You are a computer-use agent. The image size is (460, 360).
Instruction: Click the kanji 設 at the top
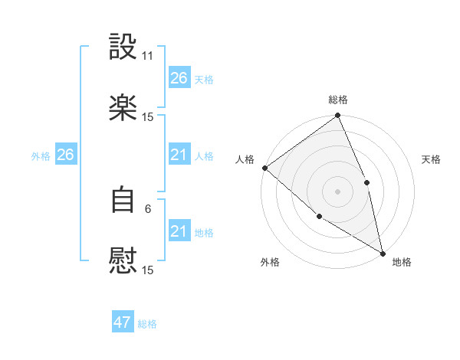click(x=123, y=47)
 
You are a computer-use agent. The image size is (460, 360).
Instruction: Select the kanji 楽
click(x=123, y=108)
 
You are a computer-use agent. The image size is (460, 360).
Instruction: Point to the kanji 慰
click(x=123, y=261)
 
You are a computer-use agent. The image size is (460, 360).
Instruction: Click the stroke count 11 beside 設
click(x=148, y=56)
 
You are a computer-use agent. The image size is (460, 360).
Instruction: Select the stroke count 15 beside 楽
click(x=148, y=117)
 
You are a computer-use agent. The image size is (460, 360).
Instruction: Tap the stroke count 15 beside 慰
click(x=148, y=270)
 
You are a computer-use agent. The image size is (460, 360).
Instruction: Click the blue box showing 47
click(x=123, y=322)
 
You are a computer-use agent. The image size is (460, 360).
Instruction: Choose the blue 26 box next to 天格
click(x=179, y=78)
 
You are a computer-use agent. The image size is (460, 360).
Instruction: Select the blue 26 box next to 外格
click(x=65, y=155)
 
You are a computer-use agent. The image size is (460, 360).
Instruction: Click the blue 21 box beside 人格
click(x=179, y=155)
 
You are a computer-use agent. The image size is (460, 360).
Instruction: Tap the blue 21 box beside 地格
click(x=179, y=231)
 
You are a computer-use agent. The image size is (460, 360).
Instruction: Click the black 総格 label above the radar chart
click(x=338, y=100)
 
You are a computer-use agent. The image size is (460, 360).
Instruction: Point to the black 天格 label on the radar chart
click(x=432, y=159)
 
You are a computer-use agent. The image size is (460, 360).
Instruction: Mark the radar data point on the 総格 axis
click(x=338, y=116)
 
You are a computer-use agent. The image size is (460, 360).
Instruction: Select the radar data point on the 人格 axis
click(x=264, y=168)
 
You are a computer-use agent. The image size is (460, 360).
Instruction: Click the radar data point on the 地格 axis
click(x=382, y=252)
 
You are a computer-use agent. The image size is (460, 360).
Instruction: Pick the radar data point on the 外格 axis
click(x=319, y=217)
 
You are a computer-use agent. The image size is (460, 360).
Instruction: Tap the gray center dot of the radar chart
click(x=338, y=191)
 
